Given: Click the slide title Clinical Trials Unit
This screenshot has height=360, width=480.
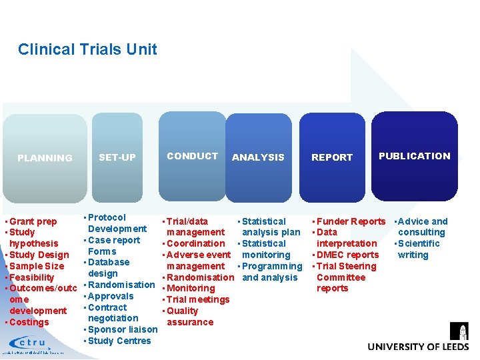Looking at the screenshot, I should pos(87,49).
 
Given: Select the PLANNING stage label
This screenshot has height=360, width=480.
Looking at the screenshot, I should pos(45,158).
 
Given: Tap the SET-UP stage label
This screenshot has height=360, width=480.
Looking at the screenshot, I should pos(117,157).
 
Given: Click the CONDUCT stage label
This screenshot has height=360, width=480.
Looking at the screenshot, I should pos(192,156).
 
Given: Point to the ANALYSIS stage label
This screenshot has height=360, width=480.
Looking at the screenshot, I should pos(258,157).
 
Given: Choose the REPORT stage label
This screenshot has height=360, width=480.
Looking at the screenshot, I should pos(332,157).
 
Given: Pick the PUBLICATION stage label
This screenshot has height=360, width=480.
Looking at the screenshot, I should pos(414,156).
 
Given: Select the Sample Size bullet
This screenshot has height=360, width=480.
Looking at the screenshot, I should pos(37,266).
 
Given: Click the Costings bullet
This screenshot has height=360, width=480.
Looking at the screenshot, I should pos(29,322).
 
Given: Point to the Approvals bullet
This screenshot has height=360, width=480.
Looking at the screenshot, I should pos(110,296).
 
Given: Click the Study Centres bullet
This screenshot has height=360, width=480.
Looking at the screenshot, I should pos(119,341).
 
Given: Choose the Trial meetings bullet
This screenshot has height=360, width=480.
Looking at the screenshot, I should pos(198,299).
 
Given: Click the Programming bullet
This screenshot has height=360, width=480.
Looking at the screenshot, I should pos(272,266).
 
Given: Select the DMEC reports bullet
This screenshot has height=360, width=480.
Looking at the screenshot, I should pos(347,255).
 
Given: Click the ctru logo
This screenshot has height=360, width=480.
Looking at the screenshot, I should pos(31,343).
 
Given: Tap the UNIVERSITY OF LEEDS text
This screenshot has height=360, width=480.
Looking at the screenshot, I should pos(418,347).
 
